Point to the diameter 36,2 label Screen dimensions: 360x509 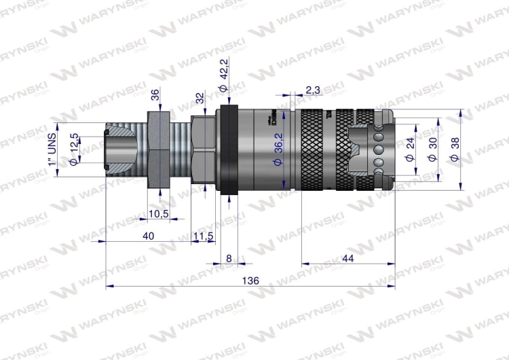(276, 159)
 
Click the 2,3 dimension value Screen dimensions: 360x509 (314, 90)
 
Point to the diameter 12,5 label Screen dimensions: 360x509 (75, 149)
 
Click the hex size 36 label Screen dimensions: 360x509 (155, 96)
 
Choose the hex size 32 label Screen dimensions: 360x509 (200, 98)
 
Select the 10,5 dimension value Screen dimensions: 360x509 (158, 214)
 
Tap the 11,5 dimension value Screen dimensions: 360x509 (204, 235)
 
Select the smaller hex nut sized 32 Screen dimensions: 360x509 (202, 151)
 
